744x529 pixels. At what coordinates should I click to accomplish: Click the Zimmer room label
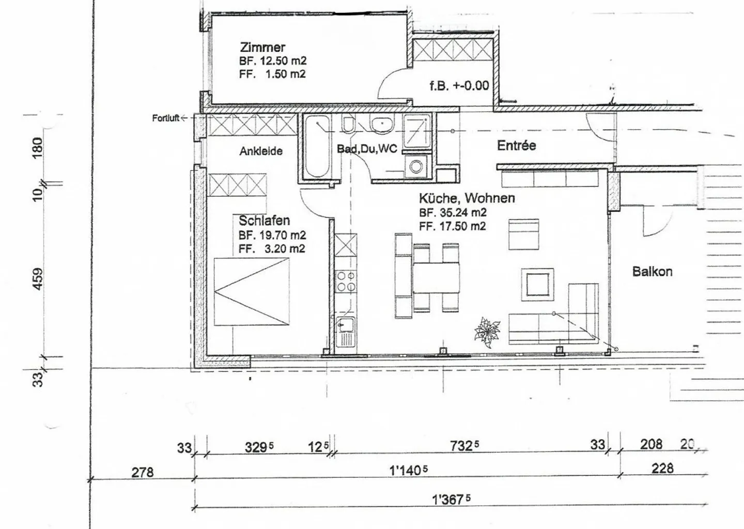262,48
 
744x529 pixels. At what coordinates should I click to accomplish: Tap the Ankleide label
261,151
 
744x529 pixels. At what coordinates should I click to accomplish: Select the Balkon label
653,272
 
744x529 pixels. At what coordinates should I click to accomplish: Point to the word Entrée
517,146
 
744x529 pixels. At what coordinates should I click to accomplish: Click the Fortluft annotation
166,118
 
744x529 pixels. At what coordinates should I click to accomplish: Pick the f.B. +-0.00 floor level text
459,86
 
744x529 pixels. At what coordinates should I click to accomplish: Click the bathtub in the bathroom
318,147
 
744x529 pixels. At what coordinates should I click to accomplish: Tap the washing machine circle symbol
415,166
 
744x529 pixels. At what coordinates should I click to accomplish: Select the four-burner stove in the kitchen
346,281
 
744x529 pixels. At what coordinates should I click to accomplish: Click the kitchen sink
346,335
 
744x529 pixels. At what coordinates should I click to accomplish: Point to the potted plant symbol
487,332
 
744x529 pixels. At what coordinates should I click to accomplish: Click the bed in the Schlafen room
252,291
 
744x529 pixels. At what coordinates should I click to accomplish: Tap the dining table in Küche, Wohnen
436,277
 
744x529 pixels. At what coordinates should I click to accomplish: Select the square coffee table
537,285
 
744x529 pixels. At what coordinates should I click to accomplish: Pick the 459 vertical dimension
38,279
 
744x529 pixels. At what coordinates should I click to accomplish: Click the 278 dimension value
143,472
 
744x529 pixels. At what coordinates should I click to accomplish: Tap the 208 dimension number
651,444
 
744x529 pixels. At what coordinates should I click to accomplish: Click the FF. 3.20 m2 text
272,248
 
